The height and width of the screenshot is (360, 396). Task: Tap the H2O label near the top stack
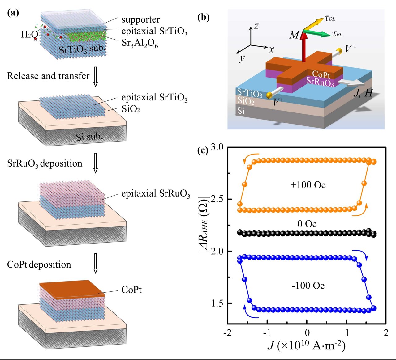(29, 34)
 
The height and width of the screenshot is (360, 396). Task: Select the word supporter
(140, 19)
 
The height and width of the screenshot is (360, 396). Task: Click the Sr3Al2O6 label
(140, 43)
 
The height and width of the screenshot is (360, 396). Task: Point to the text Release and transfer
(48, 76)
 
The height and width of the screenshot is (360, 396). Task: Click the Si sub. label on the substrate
(89, 136)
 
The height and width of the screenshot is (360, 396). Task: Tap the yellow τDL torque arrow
(314, 24)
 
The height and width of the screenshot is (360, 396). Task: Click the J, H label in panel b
(363, 93)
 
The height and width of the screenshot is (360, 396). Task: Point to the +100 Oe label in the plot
(308, 185)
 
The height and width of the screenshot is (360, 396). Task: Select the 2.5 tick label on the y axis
(217, 199)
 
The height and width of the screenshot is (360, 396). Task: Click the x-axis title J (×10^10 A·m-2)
(306, 345)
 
